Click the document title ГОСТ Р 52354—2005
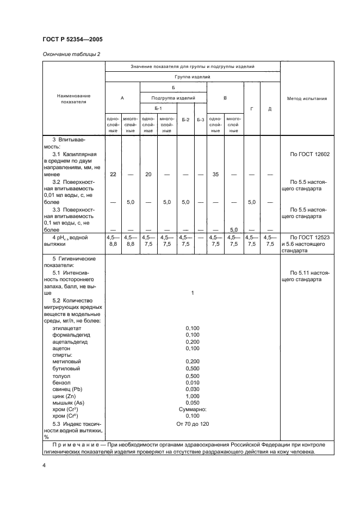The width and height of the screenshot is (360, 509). (72, 40)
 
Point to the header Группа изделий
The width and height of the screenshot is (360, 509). (193, 77)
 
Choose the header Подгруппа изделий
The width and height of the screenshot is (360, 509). (173, 98)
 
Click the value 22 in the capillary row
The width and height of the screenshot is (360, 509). (113, 174)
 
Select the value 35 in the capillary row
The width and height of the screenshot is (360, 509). (215, 174)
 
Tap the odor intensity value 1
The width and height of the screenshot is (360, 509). (193, 293)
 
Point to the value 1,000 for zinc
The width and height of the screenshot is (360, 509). (193, 396)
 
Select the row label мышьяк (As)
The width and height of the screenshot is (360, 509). (69, 403)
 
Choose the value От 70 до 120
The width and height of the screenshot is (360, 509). (193, 424)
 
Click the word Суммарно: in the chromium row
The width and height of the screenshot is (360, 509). (193, 409)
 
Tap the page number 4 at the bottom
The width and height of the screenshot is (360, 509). (44, 466)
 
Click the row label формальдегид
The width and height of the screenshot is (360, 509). (71, 335)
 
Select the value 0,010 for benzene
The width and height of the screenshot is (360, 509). (193, 382)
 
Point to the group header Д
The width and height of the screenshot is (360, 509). (270, 109)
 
